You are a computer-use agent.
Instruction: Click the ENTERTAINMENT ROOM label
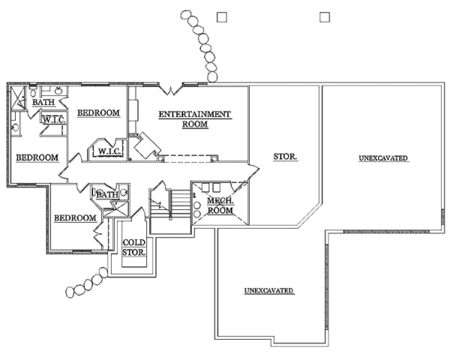195,119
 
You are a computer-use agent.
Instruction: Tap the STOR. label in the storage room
286,157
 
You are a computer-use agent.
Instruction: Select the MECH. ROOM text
221,205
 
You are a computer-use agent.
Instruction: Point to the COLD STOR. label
134,247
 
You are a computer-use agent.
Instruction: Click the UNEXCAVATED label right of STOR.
382,158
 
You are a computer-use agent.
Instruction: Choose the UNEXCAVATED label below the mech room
268,289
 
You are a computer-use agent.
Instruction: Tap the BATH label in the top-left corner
42,103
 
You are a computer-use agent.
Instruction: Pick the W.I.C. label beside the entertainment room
106,151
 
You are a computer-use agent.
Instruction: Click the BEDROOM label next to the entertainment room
99,112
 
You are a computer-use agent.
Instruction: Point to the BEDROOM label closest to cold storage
74,217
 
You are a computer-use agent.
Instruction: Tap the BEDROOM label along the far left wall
37,157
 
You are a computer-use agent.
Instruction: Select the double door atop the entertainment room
170,89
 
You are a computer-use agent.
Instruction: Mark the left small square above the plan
221,15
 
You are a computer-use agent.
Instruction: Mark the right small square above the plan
325,15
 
